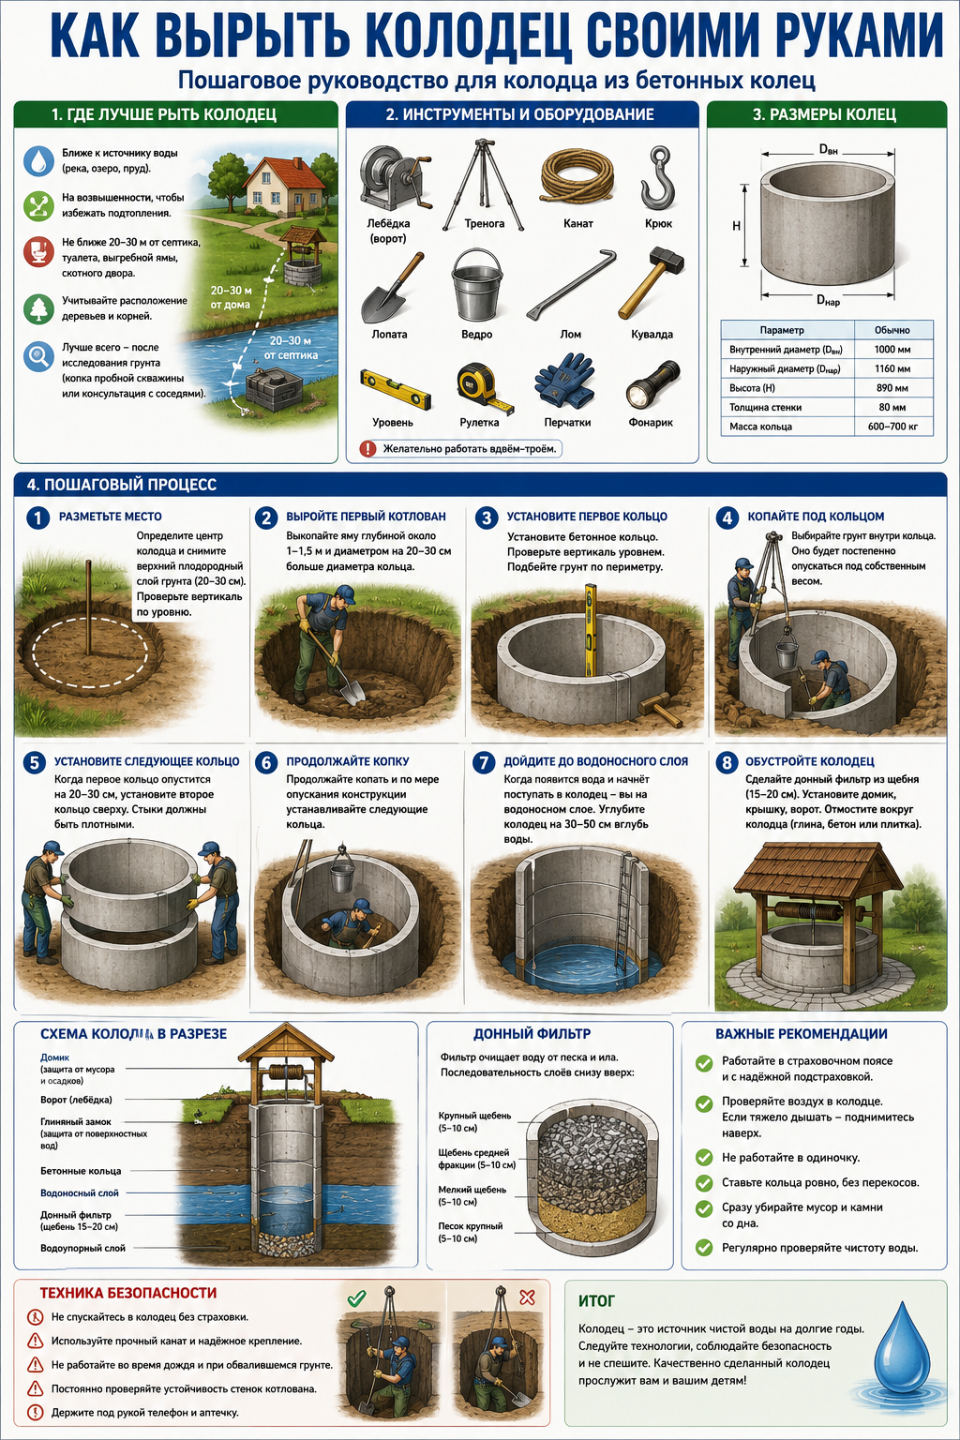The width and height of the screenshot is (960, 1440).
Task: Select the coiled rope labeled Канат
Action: (577, 175)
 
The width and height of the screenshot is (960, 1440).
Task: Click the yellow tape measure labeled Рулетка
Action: (482, 386)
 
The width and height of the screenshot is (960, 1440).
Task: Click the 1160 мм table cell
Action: (892, 369)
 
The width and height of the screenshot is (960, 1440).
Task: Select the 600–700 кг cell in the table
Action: (892, 427)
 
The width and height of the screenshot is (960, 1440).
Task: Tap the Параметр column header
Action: (781, 330)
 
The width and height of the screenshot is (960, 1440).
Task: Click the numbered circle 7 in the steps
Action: (484, 762)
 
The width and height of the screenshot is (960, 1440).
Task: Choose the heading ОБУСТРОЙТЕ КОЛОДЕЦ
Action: (810, 761)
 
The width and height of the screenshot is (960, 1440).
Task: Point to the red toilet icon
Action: (38, 251)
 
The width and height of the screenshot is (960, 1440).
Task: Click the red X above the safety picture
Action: (527, 1297)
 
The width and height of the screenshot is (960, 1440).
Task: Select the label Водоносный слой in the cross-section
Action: (79, 1192)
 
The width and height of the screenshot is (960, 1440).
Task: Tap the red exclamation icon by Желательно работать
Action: (367, 449)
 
